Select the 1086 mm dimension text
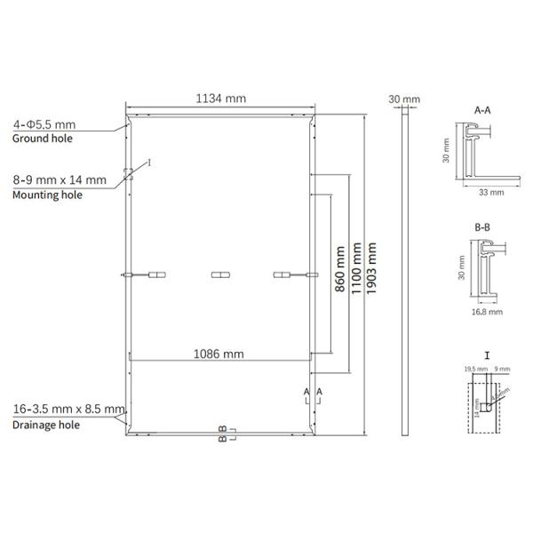click(x=219, y=354)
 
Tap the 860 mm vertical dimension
click(x=338, y=274)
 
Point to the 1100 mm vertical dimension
click(x=354, y=274)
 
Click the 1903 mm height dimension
click(x=371, y=274)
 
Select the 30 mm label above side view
click(x=405, y=99)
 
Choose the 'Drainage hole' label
click(x=46, y=425)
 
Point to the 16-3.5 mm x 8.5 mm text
click(x=69, y=410)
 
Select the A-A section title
click(x=483, y=110)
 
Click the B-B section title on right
click(x=483, y=227)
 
